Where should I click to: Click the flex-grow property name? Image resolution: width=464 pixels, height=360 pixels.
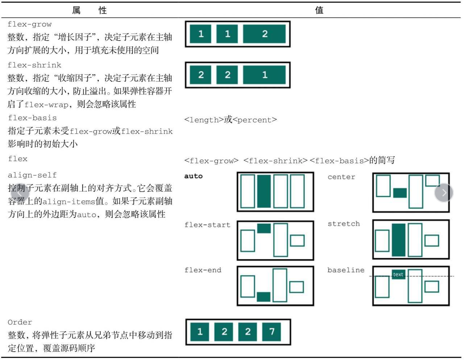click(29, 24)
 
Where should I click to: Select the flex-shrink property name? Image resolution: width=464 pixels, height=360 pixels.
click(34, 65)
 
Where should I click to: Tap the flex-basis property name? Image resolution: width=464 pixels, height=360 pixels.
click(32, 118)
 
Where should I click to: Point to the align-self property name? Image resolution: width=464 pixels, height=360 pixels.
click(32, 175)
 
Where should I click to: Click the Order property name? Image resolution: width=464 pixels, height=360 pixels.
click(20, 322)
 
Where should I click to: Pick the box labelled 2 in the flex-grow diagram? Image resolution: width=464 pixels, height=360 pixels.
click(264, 34)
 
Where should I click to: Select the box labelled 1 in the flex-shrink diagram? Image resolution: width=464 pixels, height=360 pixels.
click(264, 75)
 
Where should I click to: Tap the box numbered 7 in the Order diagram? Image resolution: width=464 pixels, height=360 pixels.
click(272, 332)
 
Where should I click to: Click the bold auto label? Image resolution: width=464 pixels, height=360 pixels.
click(193, 176)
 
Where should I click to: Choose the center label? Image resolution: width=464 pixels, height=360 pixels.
click(341, 177)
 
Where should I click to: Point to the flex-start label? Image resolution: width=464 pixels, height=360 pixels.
click(207, 225)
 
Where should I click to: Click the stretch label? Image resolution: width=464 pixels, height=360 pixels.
click(344, 224)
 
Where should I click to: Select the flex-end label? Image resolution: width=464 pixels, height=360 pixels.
click(203, 270)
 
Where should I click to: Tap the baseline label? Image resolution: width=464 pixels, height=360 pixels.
click(346, 270)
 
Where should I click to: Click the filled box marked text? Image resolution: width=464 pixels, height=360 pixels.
click(398, 274)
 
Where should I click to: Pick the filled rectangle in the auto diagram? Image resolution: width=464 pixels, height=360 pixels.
click(264, 191)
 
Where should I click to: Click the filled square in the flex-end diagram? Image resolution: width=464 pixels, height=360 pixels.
click(264, 297)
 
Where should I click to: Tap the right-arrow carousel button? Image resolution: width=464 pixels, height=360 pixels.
click(444, 193)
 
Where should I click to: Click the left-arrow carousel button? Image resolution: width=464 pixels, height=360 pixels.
click(20, 193)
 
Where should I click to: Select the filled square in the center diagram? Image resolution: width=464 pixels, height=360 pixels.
click(400, 193)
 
